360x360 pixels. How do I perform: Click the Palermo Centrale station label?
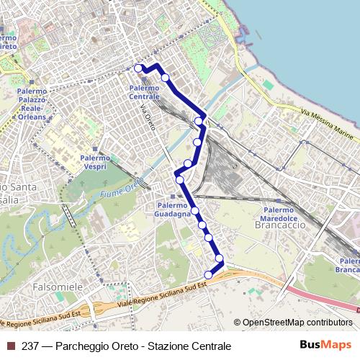point(145,92)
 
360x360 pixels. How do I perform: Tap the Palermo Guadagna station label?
point(173,209)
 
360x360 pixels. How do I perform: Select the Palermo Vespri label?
point(94,161)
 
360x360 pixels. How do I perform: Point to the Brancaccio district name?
point(276,224)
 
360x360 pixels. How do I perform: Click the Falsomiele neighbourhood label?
point(58,287)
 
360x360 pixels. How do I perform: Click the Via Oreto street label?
point(147,118)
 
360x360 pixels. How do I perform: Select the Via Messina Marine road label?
point(328,125)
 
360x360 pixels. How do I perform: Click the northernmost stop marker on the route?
point(138,68)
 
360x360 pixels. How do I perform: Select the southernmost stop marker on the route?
point(209,274)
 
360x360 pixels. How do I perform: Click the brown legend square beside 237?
point(10,346)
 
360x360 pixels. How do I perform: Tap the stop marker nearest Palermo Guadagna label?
point(194,210)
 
